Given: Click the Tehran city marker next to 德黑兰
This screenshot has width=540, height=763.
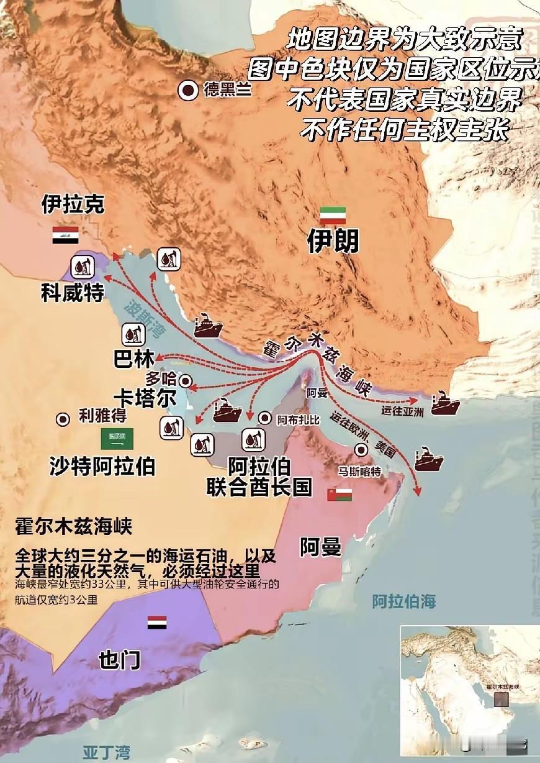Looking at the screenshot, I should pos(188,91).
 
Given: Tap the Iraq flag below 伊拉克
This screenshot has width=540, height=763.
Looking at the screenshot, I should pos(65,235).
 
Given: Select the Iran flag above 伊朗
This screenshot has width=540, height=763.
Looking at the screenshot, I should pos(333,216).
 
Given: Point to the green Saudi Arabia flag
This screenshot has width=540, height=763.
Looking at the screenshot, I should pos(117,438).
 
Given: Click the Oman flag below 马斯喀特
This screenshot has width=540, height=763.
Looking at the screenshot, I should pos(340,494).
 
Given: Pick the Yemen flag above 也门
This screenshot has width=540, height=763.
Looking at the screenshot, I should pos(156,623).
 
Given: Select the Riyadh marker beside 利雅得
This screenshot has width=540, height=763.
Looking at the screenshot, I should pos(63,419).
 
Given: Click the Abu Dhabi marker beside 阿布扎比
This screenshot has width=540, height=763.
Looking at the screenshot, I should pos(266,419).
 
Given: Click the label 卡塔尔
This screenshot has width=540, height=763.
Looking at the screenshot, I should pos(145,398).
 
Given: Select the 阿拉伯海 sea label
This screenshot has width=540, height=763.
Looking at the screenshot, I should pos(403,601).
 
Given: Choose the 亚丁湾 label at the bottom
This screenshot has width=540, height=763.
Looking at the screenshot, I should pos(107,752).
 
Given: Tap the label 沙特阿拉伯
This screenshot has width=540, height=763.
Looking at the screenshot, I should pos(102,466).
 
